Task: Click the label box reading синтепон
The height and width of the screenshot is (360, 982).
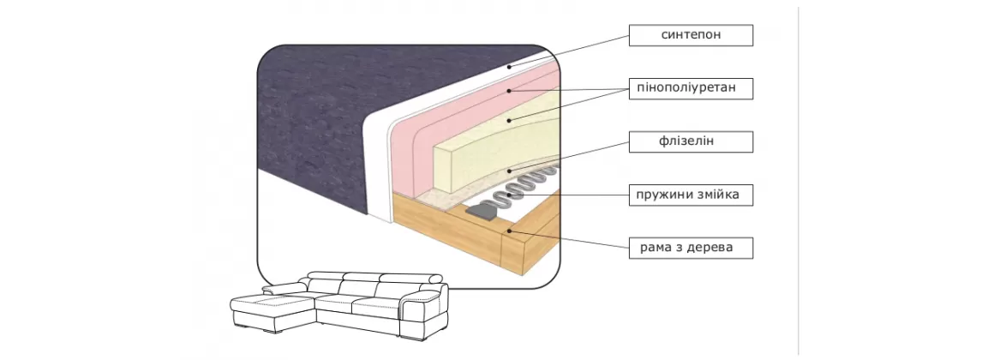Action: point(691,35)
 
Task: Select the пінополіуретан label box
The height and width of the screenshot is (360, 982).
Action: point(691,88)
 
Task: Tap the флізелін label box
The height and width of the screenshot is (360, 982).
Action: point(691,141)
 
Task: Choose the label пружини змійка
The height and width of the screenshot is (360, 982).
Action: point(691,195)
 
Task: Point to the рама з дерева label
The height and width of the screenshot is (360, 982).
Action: point(691,249)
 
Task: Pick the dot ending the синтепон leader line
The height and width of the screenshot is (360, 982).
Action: point(509,65)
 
